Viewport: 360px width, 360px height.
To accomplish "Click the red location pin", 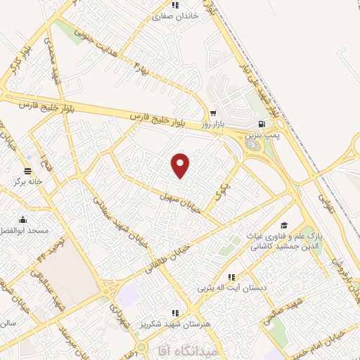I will [181, 165].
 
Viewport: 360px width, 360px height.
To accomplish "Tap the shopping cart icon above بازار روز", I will [212, 112].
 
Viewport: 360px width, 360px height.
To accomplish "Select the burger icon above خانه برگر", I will [27, 171].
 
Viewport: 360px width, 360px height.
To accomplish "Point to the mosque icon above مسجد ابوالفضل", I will [23, 219].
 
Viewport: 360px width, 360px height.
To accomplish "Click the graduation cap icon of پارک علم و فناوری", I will [284, 226].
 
